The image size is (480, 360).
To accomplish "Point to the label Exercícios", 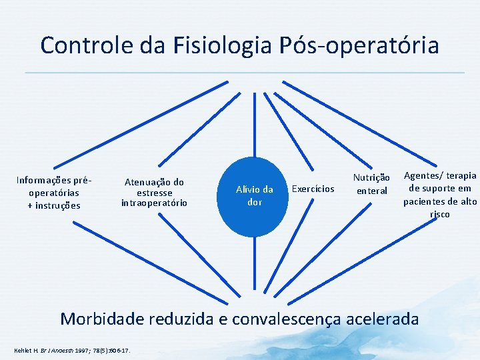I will tap(313, 189).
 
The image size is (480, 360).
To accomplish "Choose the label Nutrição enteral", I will tap(371, 184).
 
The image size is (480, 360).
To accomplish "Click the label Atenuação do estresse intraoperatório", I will tap(154, 192).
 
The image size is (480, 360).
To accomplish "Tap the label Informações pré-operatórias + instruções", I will tap(53, 193).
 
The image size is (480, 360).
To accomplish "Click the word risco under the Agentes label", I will tap(440, 214).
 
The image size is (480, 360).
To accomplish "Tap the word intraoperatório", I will tap(154, 203).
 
